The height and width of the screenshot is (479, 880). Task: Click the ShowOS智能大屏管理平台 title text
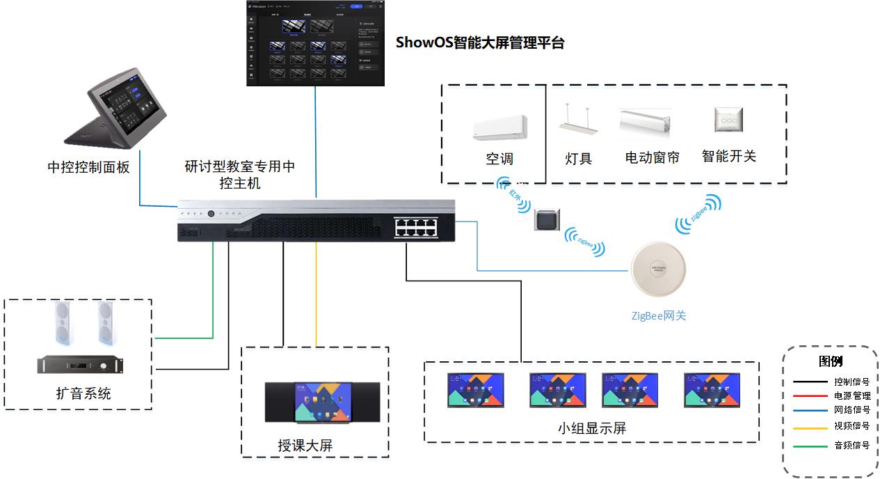(x=479, y=42)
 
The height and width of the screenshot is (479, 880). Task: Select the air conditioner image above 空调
(x=499, y=127)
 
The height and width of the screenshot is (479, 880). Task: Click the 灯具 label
(x=578, y=158)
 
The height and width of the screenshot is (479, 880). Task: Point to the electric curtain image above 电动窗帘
(x=646, y=122)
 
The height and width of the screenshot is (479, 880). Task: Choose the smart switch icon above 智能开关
(x=728, y=120)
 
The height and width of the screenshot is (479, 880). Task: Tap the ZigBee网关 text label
(x=658, y=315)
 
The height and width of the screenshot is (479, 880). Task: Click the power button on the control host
(x=211, y=213)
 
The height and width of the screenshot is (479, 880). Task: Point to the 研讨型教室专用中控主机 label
(x=240, y=175)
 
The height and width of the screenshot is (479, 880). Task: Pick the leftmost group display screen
(x=475, y=390)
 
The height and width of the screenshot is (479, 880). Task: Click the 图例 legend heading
(x=831, y=361)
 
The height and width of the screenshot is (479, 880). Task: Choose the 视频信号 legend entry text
(x=851, y=426)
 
